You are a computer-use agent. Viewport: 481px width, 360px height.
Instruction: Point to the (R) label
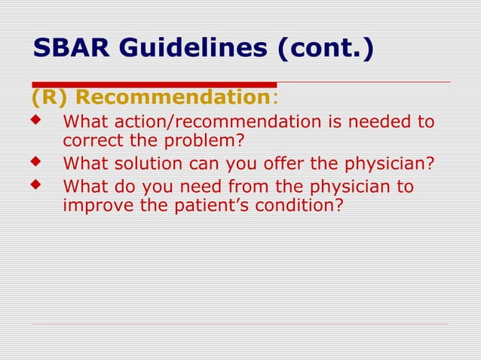[x=51, y=98]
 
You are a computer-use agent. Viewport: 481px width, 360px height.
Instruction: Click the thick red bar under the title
[x=154, y=84]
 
